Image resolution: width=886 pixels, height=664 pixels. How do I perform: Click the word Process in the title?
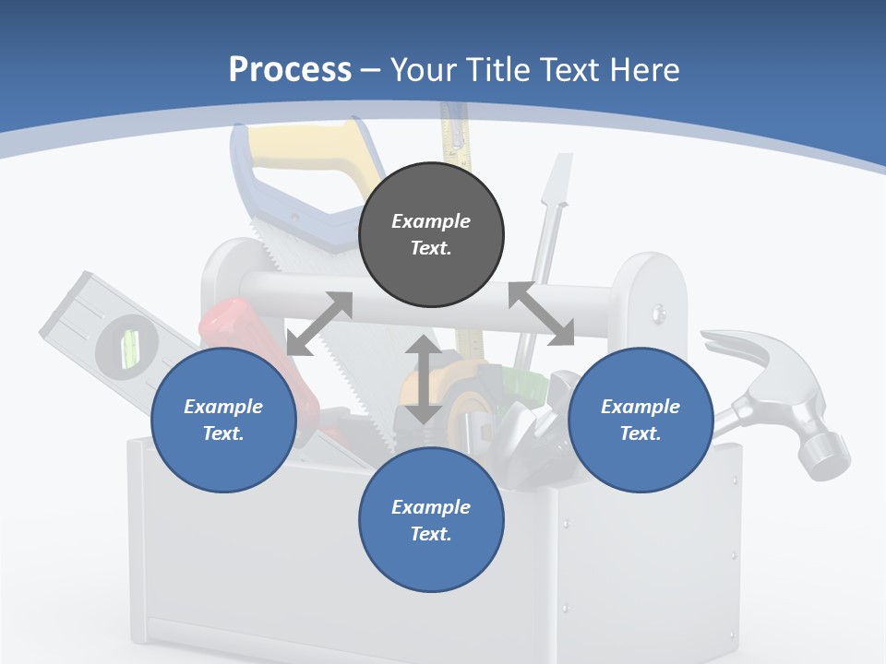[290, 70]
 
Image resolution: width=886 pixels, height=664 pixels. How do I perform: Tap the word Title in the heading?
[499, 70]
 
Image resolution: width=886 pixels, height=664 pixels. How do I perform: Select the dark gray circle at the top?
[431, 234]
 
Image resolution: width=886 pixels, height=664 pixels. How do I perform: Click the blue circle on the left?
[223, 420]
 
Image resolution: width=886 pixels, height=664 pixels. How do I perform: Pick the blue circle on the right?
[641, 420]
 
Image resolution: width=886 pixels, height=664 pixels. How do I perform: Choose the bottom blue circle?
[431, 520]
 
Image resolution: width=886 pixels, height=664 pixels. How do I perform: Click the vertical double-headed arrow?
[424, 380]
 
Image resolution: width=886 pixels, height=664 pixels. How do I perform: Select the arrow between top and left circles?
[319, 324]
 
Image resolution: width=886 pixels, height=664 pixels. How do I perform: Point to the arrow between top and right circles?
[541, 314]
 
